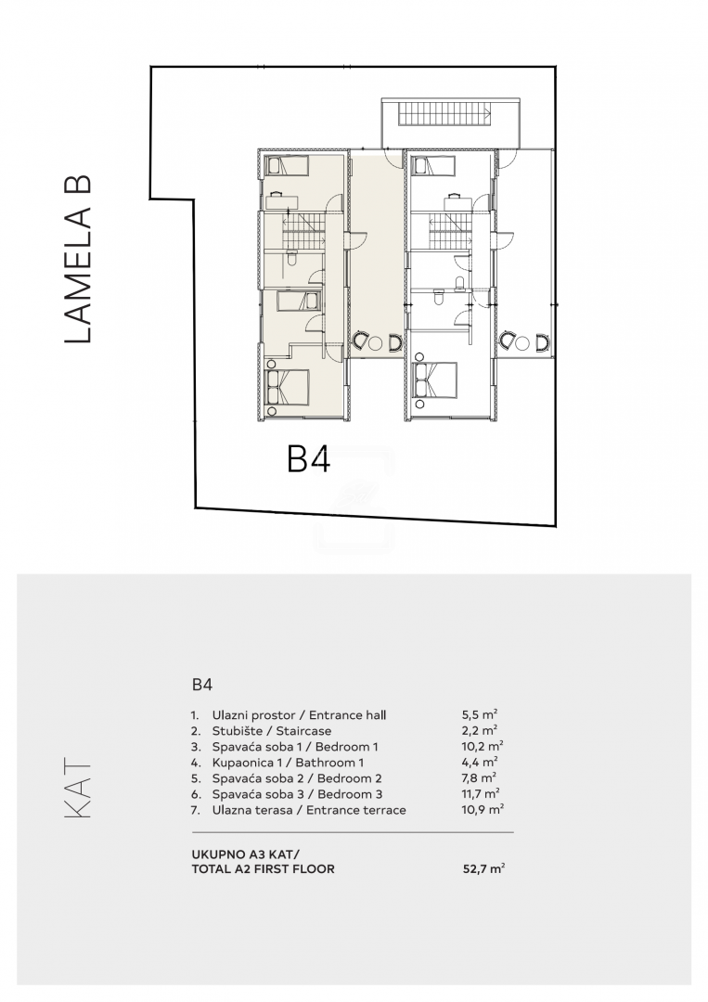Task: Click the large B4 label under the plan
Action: click(x=309, y=458)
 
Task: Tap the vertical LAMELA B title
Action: click(x=79, y=260)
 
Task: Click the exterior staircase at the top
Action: click(x=444, y=115)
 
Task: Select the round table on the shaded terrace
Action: click(x=376, y=343)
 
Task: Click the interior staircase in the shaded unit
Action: click(x=304, y=231)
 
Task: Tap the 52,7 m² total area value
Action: click(x=483, y=868)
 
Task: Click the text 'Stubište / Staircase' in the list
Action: click(x=272, y=731)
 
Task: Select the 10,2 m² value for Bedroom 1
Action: click(x=483, y=746)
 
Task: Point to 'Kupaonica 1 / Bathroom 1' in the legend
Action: click(x=289, y=763)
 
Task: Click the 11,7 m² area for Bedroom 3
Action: click(x=481, y=794)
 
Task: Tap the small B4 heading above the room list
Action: click(x=202, y=685)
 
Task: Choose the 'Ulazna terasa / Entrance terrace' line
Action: click(x=309, y=810)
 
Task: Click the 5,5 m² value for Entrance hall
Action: click(x=480, y=715)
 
